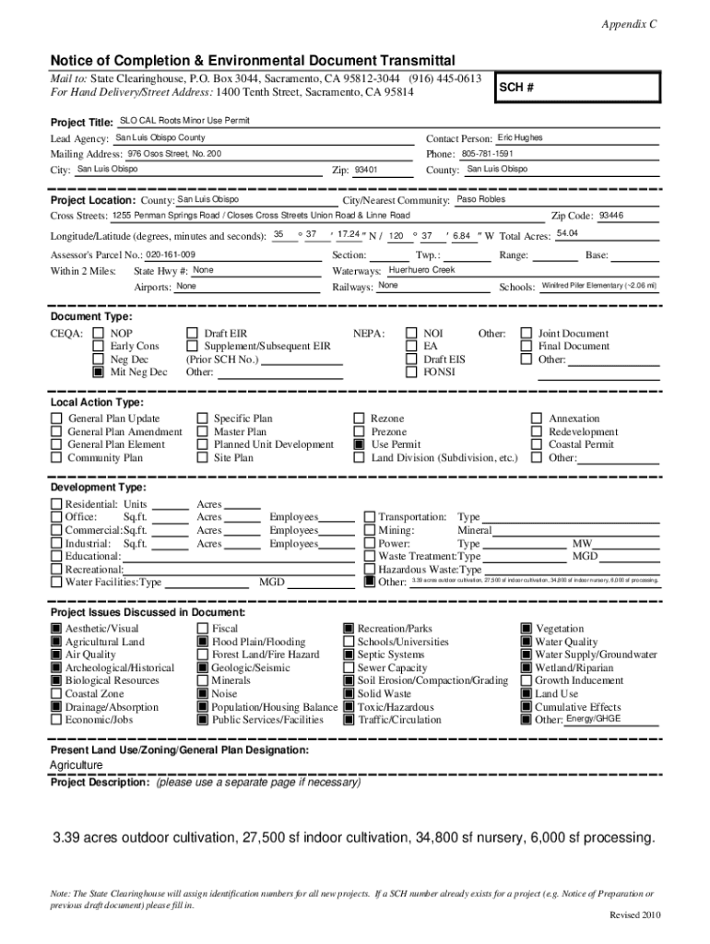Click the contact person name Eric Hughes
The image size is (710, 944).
(x=520, y=137)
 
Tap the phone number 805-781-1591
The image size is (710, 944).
(x=487, y=153)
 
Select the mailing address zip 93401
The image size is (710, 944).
(x=366, y=170)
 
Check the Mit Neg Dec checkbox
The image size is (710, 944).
(x=98, y=372)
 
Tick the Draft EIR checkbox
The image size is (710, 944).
(x=192, y=334)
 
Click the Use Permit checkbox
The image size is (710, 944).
(x=359, y=444)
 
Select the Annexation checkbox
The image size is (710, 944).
(x=536, y=419)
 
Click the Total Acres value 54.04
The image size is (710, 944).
(x=568, y=234)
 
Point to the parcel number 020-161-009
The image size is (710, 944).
(x=171, y=254)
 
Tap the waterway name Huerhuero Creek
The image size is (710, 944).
(x=421, y=270)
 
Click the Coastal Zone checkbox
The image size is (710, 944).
(x=56, y=694)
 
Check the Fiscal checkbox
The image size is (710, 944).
(x=203, y=629)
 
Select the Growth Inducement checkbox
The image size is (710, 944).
(x=527, y=681)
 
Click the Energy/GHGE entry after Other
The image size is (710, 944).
(x=593, y=718)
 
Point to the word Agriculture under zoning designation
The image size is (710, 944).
(x=77, y=765)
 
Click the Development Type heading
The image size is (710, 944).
(x=98, y=487)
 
